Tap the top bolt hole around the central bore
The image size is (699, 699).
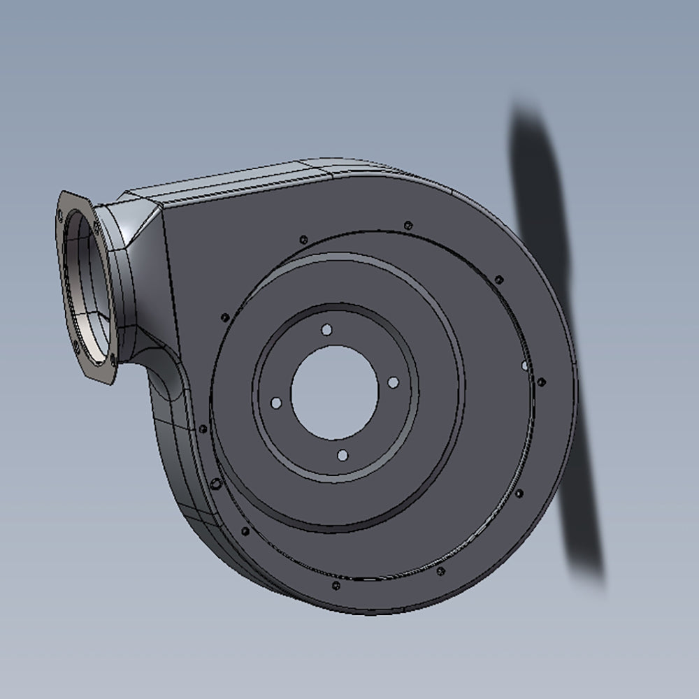coord(326,329)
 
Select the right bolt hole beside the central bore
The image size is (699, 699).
coord(393,382)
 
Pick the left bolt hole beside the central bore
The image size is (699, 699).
coord(275,403)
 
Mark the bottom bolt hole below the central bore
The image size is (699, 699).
coord(343,455)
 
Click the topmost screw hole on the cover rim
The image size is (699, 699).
coord(408,225)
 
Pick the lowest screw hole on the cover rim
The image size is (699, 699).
coord(335,584)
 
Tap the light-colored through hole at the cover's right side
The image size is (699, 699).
coord(525,365)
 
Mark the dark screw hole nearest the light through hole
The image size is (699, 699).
coord(540,382)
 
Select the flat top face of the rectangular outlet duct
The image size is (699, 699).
coord(231,183)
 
